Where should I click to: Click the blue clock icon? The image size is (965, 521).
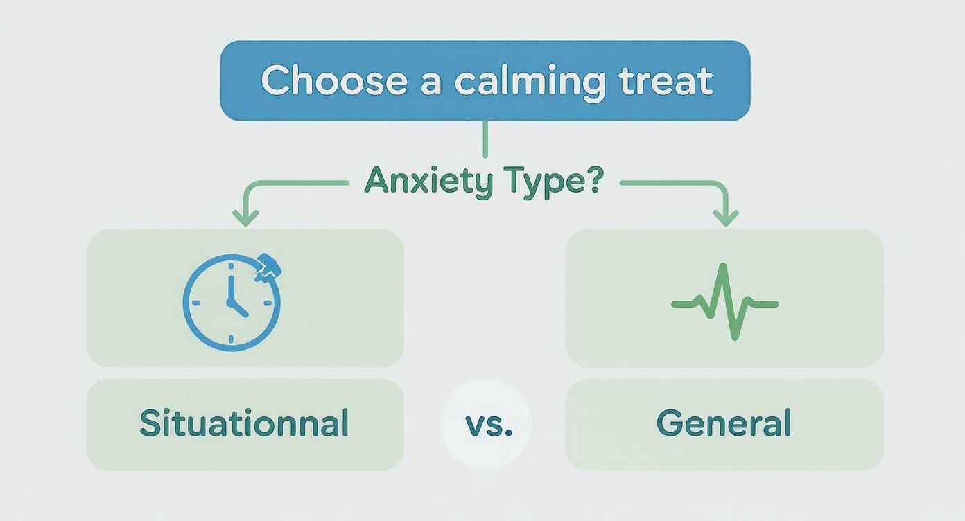tap(232, 303)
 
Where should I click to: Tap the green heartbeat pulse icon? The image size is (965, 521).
tap(724, 303)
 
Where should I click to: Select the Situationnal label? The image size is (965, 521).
tap(244, 423)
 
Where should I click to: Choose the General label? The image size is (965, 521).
tap(724, 423)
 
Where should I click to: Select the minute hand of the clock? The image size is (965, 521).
tap(229, 289)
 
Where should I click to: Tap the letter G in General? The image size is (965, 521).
tap(668, 423)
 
